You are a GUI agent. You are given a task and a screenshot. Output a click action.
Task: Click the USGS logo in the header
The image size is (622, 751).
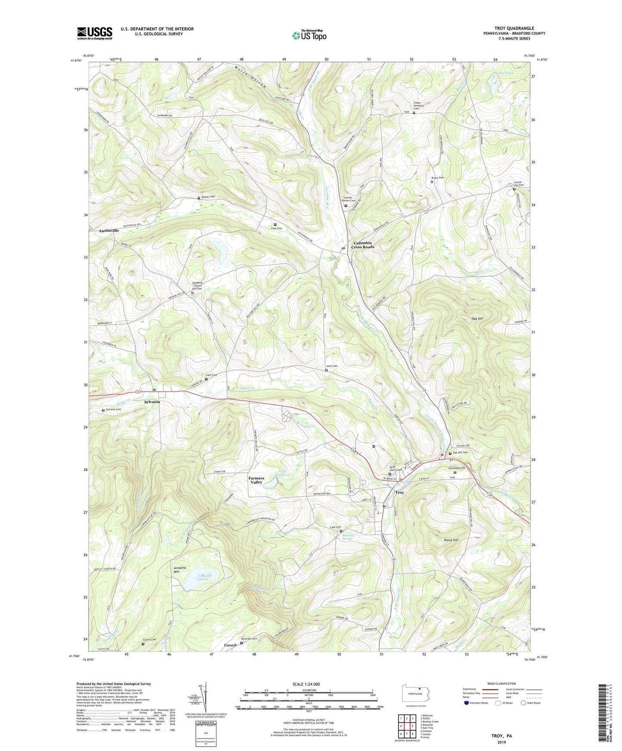[x=95, y=33]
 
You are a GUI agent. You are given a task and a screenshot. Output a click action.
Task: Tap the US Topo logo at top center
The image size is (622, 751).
[x=309, y=35]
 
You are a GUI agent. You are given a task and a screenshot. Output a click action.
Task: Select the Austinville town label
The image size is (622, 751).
[x=108, y=231]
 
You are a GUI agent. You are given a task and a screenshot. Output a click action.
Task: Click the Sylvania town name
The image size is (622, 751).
[x=152, y=402]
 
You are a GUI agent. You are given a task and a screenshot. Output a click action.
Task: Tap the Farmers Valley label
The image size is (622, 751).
[x=256, y=480]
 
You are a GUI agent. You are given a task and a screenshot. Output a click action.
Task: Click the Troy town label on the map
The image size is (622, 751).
[x=399, y=492]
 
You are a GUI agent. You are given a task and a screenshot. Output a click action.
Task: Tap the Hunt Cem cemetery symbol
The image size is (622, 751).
[x=326, y=370]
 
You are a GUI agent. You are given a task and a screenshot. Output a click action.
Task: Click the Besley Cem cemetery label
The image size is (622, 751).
[x=207, y=197]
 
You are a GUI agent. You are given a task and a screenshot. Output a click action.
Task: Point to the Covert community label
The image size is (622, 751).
[x=230, y=645]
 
